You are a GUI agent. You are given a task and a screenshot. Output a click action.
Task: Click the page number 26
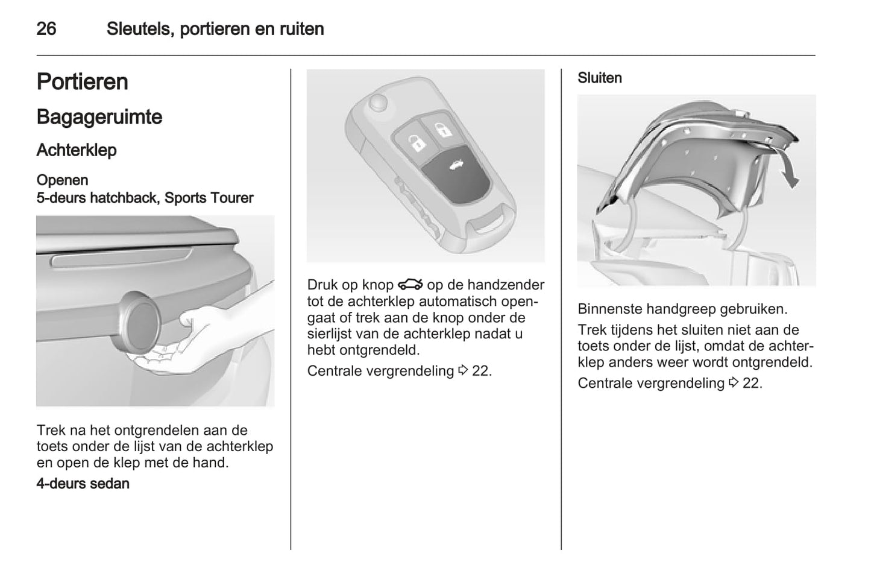(46, 28)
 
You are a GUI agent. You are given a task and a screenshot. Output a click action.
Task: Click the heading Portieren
(83, 82)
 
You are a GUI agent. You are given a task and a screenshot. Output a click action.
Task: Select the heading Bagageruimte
(99, 117)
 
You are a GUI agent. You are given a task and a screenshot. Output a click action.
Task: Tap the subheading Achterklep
(77, 150)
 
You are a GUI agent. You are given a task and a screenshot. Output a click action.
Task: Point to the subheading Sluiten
(599, 78)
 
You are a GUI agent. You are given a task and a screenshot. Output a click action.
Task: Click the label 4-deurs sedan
(83, 483)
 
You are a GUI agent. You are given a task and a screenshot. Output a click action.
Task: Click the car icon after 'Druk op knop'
(410, 284)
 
